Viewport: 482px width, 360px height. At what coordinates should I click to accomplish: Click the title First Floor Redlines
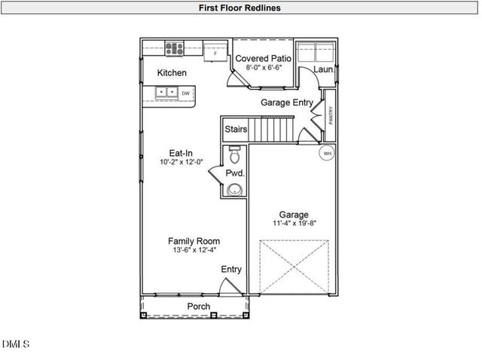(x=240, y=8)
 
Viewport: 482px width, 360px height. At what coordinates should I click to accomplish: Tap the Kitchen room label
(x=172, y=73)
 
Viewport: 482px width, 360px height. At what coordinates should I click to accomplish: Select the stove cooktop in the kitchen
(x=174, y=50)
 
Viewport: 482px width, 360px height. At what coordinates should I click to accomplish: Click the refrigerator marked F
(x=215, y=52)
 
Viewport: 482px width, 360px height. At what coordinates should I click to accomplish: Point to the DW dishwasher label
(x=185, y=93)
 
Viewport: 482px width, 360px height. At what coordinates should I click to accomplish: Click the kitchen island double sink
(x=166, y=93)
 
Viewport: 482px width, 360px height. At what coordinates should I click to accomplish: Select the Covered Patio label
(x=264, y=58)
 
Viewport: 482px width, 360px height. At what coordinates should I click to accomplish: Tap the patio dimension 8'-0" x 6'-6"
(x=264, y=68)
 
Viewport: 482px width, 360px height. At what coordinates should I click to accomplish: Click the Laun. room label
(x=324, y=69)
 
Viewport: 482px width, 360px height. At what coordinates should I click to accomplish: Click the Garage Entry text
(x=286, y=102)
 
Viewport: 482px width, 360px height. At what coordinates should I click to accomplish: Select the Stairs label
(x=236, y=130)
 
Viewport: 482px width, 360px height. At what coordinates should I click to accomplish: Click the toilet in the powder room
(x=235, y=156)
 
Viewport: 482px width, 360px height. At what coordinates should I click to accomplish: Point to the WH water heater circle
(x=327, y=154)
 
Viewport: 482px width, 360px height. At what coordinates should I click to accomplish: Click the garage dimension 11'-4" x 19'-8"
(x=294, y=224)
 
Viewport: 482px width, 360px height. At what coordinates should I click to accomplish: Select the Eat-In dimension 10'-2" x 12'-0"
(x=181, y=162)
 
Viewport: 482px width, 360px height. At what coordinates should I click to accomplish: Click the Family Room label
(x=194, y=241)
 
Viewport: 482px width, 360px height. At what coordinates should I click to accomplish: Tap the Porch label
(x=199, y=307)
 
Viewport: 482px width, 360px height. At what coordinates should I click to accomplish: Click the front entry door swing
(x=226, y=287)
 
